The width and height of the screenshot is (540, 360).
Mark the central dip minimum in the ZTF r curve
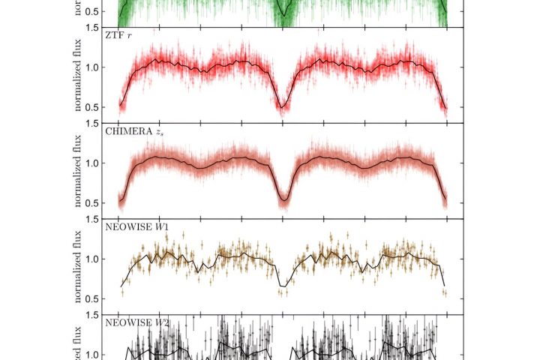(283, 108)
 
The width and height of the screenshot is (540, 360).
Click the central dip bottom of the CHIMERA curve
(283, 200)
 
